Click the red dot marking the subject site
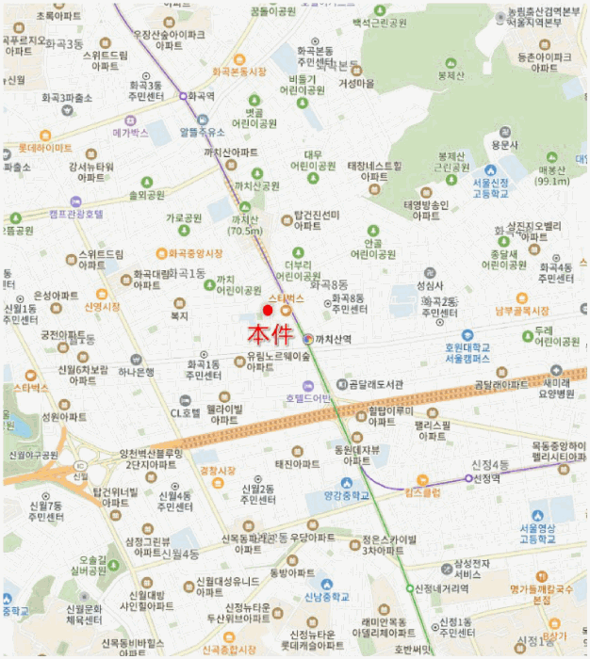point(268,311)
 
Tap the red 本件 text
point(269,334)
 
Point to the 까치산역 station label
point(333,339)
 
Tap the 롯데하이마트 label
point(44,149)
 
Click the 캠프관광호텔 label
point(76,214)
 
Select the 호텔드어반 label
point(308,398)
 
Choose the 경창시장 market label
point(216,470)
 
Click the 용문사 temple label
point(505,145)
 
